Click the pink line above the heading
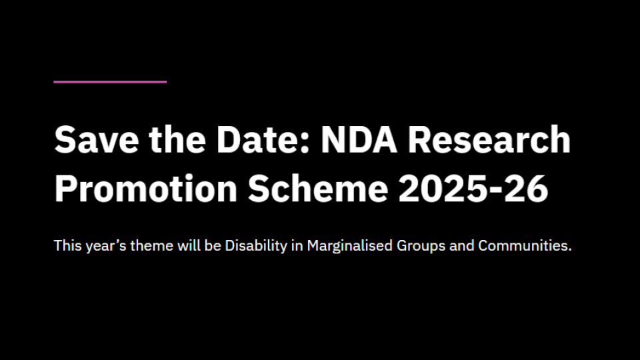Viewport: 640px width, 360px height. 110,82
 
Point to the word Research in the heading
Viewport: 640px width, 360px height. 489,140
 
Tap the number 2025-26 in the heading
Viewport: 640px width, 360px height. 473,189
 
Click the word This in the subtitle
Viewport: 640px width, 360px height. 67,245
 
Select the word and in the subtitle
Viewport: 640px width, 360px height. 461,245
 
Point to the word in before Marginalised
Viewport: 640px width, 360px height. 298,245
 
